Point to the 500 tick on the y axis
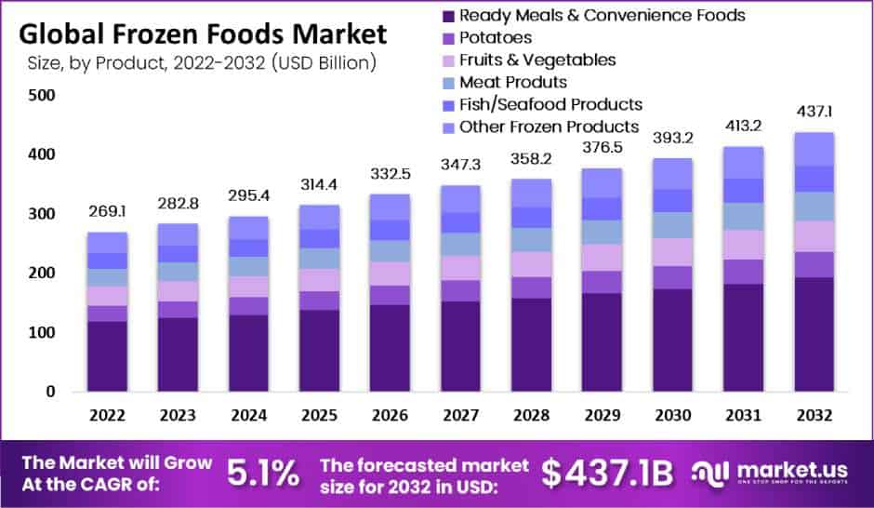pyautogui.click(x=43, y=95)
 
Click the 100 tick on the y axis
pyautogui.click(x=43, y=332)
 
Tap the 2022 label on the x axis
pyautogui.click(x=106, y=415)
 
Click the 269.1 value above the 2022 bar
pyautogui.click(x=106, y=211)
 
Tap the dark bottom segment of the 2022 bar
pyautogui.click(x=106, y=356)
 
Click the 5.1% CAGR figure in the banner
pyautogui.click(x=264, y=474)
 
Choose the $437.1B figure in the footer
pyautogui.click(x=607, y=474)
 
